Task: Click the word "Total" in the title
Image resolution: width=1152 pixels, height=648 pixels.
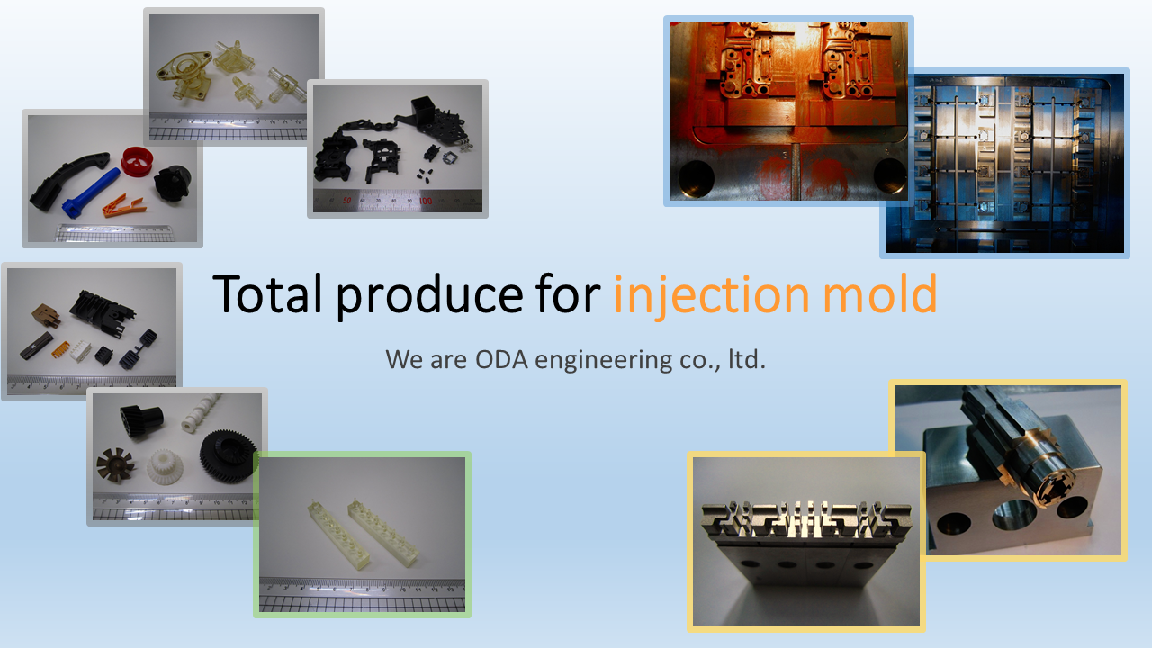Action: point(267,293)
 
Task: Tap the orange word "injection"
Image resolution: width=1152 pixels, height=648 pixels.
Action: point(712,295)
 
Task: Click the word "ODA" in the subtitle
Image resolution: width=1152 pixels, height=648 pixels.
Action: point(501,359)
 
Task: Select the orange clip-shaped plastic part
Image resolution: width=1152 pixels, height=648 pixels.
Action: point(124,205)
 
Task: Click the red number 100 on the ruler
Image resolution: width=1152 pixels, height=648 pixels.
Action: point(426,201)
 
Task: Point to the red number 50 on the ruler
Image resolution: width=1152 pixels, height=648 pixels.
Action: point(347,201)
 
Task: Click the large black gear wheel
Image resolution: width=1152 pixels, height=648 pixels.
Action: point(228,456)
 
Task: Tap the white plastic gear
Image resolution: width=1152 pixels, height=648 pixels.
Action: point(165,467)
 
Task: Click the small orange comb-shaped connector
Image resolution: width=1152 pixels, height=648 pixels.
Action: point(61,350)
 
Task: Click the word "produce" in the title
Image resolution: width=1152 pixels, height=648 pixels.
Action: point(429,296)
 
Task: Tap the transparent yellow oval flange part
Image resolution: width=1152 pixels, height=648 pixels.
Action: point(184,69)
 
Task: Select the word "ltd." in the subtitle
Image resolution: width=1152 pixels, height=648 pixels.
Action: point(747,359)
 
